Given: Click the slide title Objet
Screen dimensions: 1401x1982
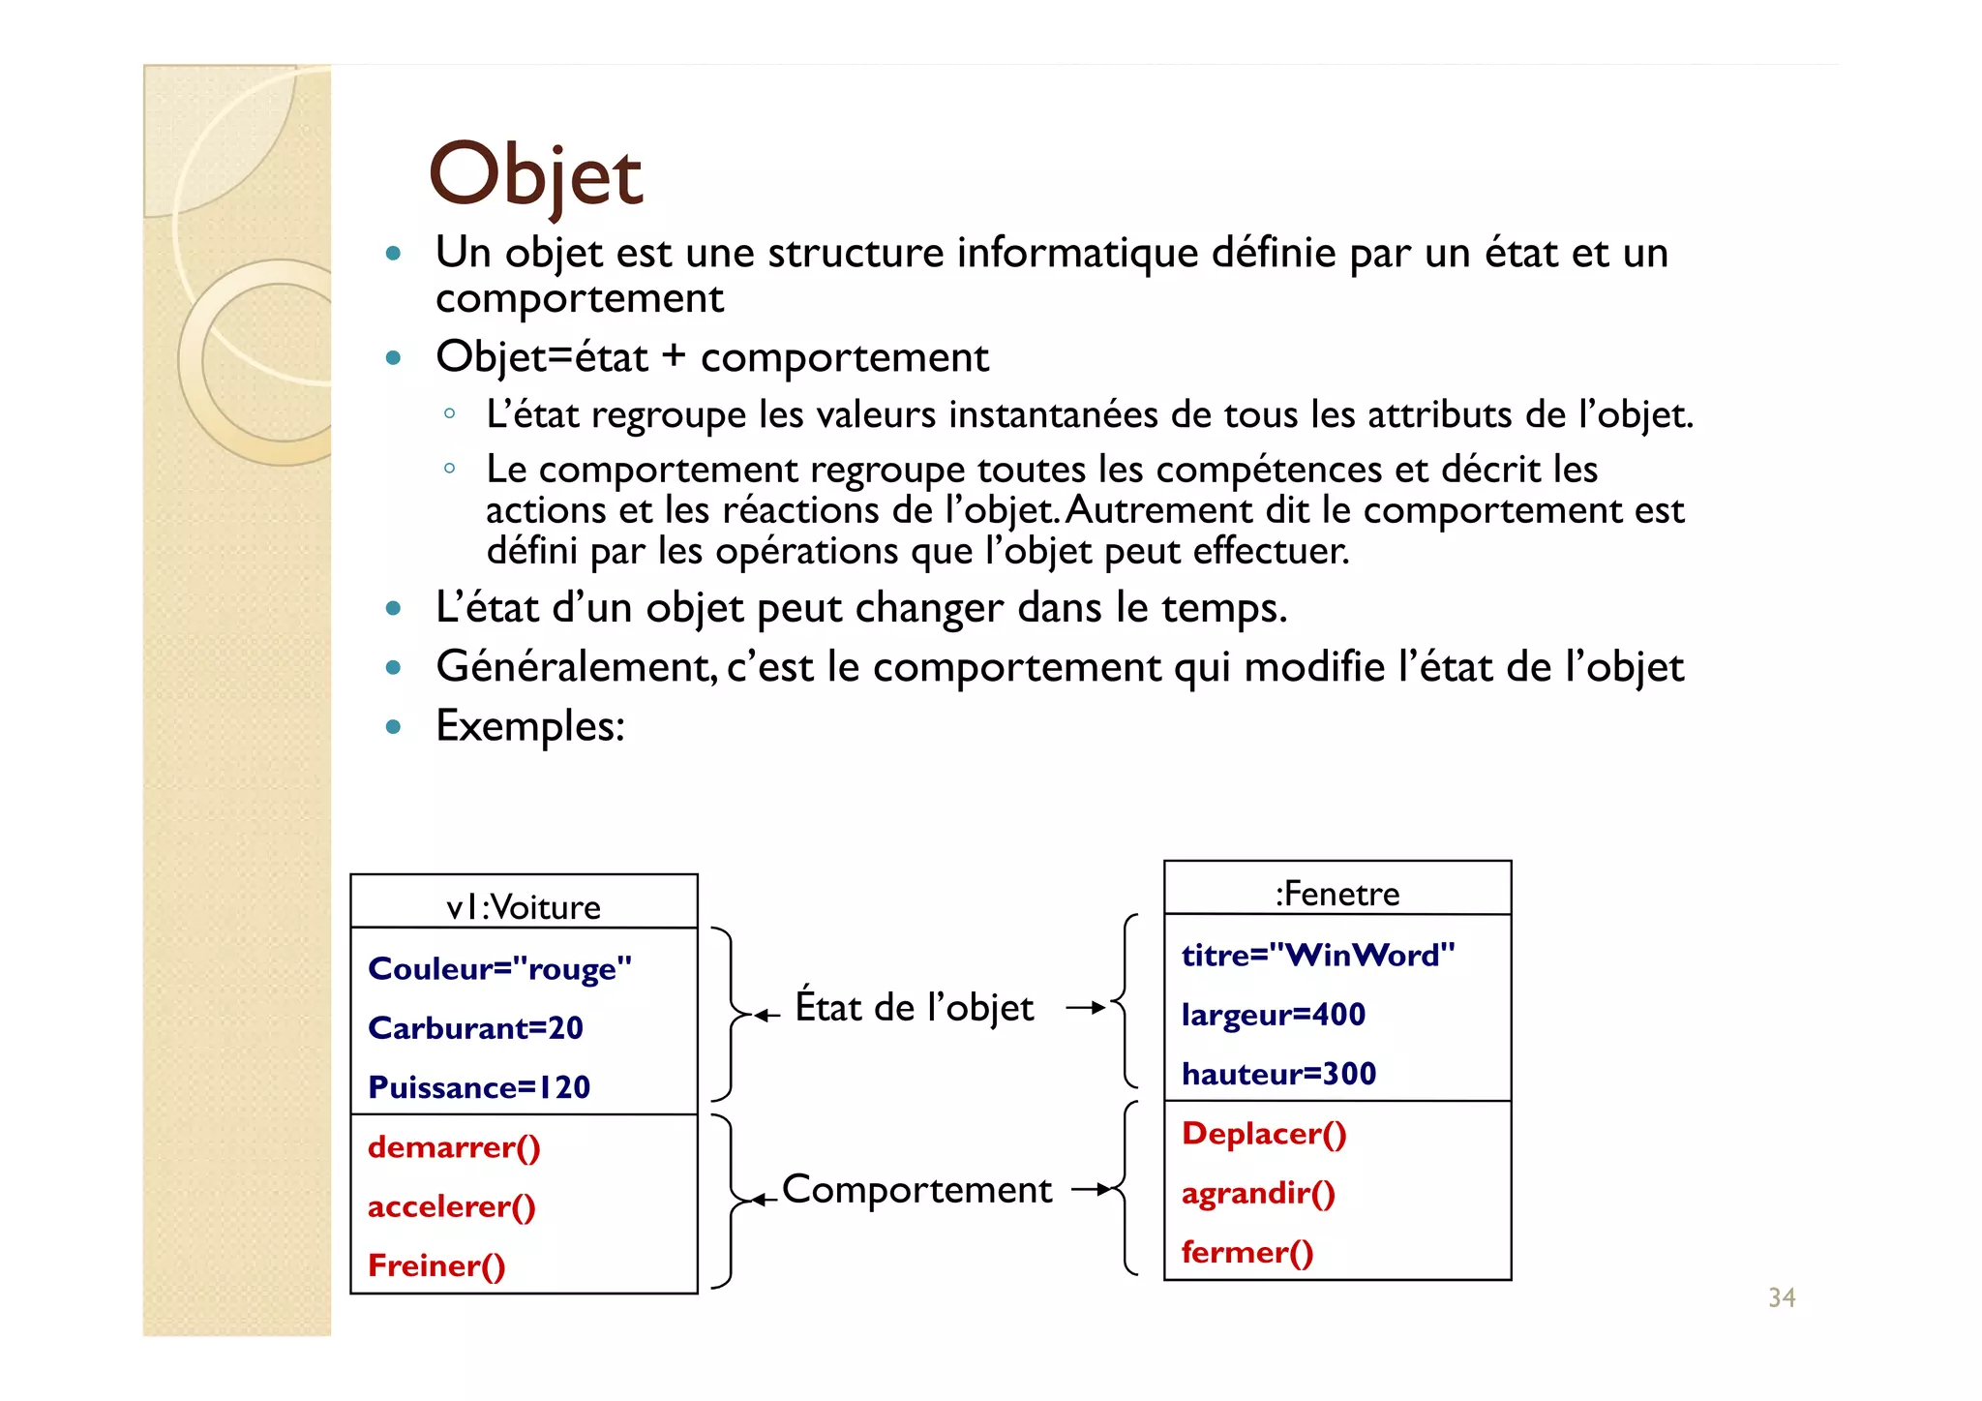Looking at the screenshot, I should [x=535, y=175].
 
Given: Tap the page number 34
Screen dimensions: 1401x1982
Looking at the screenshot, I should [x=1781, y=1297].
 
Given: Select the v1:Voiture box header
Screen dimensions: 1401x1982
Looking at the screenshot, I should [x=524, y=906].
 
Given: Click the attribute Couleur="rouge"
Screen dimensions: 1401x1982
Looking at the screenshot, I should [x=499, y=968].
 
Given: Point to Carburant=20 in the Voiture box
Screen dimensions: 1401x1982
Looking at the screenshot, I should [x=475, y=1027].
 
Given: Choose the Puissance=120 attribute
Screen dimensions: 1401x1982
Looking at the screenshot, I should [x=479, y=1087].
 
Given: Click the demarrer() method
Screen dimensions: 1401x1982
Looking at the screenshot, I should [x=454, y=1147].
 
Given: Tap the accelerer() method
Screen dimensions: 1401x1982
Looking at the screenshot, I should [x=451, y=1206].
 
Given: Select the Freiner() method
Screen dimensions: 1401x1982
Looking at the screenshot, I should [x=436, y=1265].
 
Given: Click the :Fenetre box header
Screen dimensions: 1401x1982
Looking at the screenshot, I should [x=1336, y=893].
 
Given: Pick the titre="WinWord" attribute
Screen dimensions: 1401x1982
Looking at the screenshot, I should [x=1317, y=956].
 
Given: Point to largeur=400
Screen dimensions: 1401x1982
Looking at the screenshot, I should [x=1273, y=1015].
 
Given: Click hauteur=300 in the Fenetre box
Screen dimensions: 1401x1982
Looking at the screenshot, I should [x=1277, y=1074].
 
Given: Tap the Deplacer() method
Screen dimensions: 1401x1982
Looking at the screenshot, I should [x=1263, y=1134].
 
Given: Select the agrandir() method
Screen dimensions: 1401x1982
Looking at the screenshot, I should [x=1257, y=1193].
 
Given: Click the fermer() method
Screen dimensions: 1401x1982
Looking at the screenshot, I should [x=1246, y=1253].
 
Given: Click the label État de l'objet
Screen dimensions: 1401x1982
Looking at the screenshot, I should [x=914, y=1007].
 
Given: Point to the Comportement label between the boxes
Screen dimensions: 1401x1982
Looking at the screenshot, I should [x=916, y=1189].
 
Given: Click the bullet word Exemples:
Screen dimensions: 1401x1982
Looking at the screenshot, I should [x=530, y=725].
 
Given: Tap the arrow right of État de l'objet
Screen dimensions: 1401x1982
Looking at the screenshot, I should [x=1085, y=1008].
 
